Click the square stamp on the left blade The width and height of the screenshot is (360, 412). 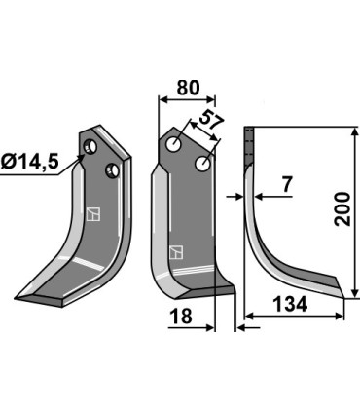tap(92, 212)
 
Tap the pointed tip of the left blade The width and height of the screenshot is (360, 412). tap(18, 297)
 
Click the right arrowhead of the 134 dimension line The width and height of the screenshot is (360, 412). tap(342, 315)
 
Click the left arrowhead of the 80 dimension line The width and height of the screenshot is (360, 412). tap(161, 99)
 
